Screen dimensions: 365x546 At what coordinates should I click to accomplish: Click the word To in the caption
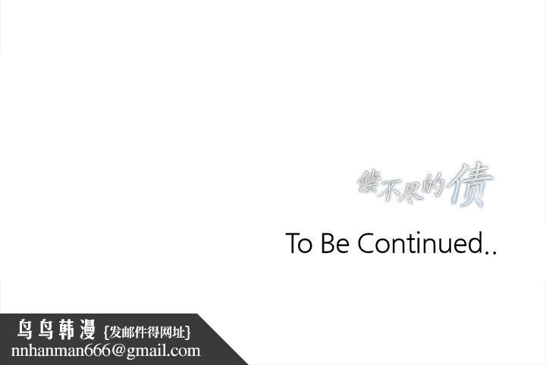pyautogui.click(x=298, y=244)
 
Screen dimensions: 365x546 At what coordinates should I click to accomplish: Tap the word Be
pyautogui.click(x=334, y=244)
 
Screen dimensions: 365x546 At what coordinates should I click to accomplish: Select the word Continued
pyautogui.click(x=419, y=244)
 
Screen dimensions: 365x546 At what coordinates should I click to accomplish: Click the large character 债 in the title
pyautogui.click(x=469, y=186)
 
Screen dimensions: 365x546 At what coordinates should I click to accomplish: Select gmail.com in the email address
pyautogui.click(x=166, y=351)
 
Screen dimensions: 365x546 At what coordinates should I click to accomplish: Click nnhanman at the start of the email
pyautogui.click(x=50, y=351)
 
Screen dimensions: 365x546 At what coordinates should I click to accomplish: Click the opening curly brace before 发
pyautogui.click(x=106, y=332)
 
